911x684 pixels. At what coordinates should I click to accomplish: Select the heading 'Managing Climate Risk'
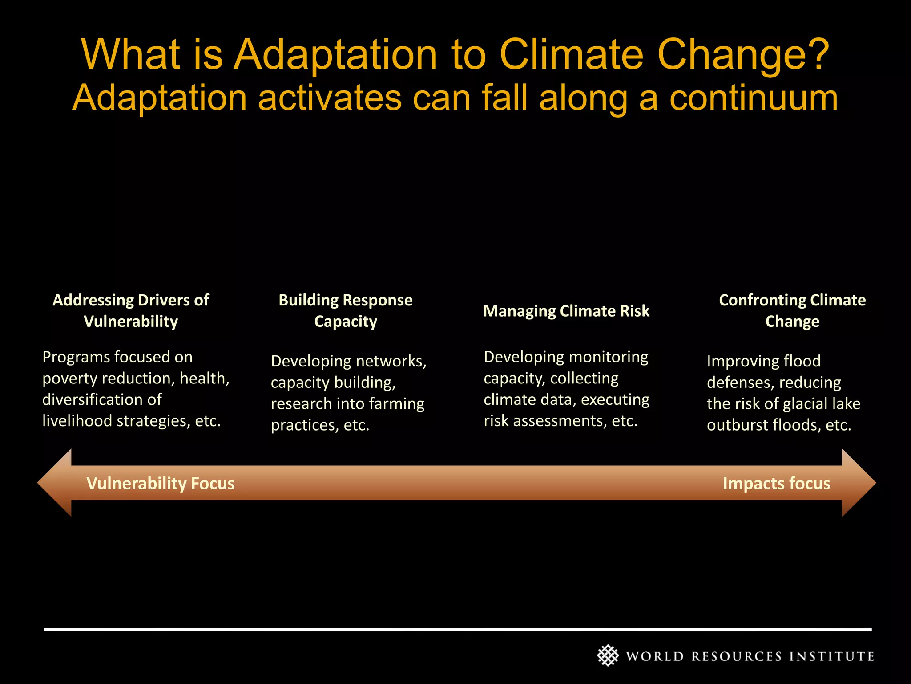(x=566, y=311)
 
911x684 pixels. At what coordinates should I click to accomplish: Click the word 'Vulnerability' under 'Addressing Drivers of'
(x=131, y=322)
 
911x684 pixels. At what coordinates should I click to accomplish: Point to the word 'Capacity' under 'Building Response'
(x=346, y=322)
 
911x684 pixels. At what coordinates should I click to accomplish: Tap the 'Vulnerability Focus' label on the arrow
(x=160, y=484)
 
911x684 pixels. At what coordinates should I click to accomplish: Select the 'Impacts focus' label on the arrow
(x=776, y=484)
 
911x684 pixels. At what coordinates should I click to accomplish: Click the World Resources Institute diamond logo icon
(x=608, y=655)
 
